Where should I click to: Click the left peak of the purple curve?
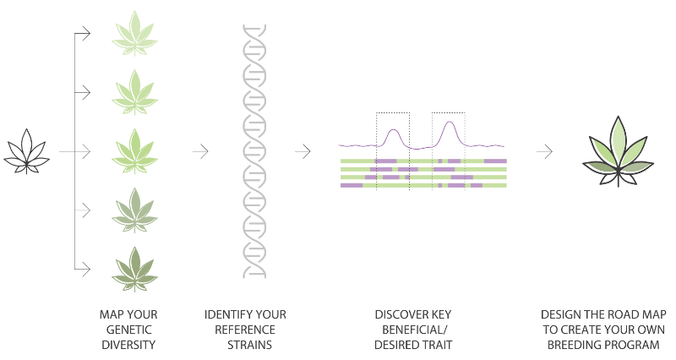click(x=394, y=133)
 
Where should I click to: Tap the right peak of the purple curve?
click(x=447, y=130)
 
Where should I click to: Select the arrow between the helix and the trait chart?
click(x=303, y=151)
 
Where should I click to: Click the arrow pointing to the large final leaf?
click(x=545, y=151)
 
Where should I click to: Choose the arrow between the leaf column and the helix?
click(x=200, y=151)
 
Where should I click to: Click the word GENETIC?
click(x=128, y=330)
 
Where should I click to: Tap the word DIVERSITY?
click(x=128, y=345)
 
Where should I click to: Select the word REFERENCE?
click(x=245, y=330)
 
